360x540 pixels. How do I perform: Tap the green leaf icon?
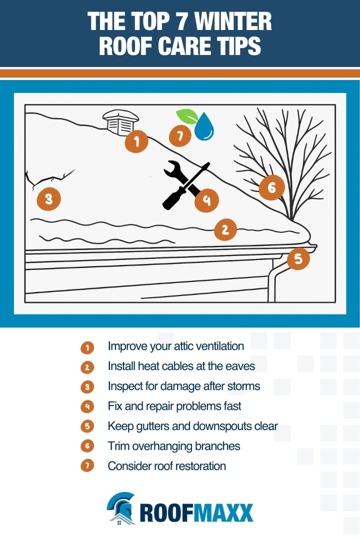coord(186,116)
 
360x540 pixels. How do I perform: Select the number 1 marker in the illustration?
coord(136,141)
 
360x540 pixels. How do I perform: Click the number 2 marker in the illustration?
coord(225,229)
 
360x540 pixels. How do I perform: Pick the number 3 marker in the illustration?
coord(48,199)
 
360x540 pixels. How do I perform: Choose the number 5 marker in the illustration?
coord(298,259)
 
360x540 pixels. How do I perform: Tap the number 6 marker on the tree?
coord(271,187)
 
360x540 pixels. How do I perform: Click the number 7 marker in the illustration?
coord(179,135)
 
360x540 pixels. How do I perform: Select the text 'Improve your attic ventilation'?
coord(175,346)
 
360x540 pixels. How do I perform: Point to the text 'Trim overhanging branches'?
coord(173,446)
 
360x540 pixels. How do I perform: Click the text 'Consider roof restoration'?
coord(166,466)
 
